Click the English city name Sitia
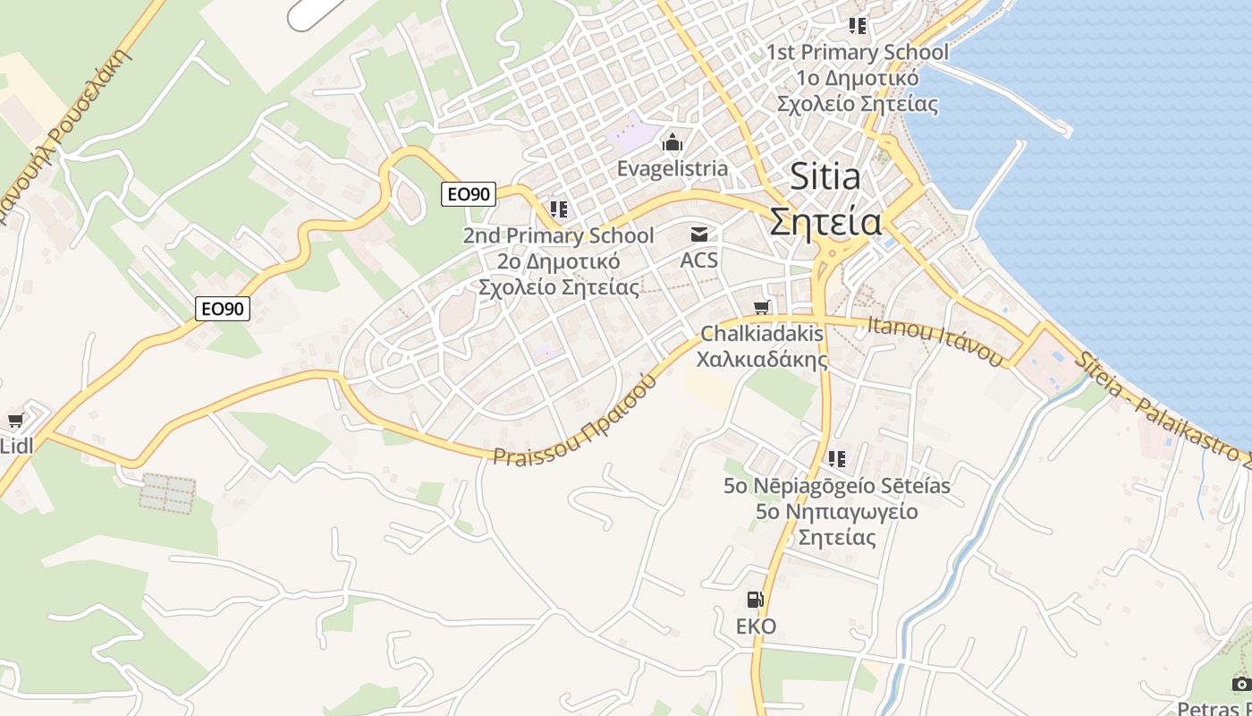pos(825,177)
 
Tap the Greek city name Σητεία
pos(825,221)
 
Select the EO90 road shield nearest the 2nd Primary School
pos(469,193)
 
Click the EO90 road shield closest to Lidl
pos(223,309)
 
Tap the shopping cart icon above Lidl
pos(15,420)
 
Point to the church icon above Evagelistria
pos(673,142)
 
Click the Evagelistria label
pos(673,168)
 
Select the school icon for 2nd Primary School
pos(559,210)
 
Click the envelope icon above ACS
pos(699,234)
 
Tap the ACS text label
pos(699,260)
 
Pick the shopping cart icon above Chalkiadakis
pos(762,308)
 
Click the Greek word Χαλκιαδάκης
pos(762,360)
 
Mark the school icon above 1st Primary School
pos(858,26)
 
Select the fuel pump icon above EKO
pos(756,600)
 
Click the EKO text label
pos(756,626)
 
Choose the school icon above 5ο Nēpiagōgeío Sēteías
pos(837,459)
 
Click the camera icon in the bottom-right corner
pos(1241,684)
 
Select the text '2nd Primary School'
pos(558,236)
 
